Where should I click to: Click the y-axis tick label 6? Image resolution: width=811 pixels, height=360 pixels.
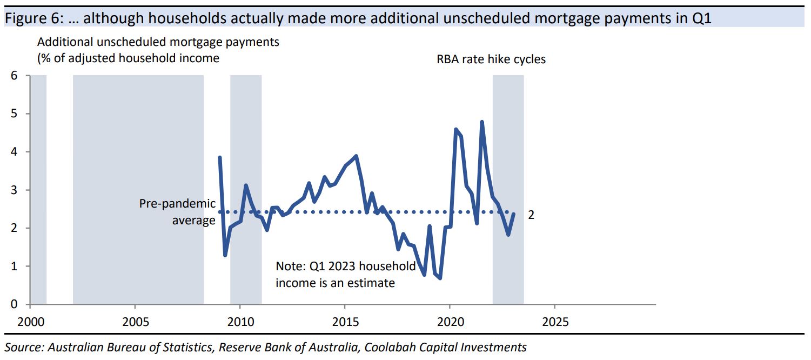[14, 76]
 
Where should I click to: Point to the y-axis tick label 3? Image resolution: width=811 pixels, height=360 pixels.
[14, 190]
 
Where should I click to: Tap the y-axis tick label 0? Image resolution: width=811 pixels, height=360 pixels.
[14, 304]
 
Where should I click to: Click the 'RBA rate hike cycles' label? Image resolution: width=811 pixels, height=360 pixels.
[491, 59]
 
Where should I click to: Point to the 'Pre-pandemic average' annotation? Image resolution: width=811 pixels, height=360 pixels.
[178, 211]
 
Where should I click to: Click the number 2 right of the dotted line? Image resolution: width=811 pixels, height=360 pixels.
[531, 215]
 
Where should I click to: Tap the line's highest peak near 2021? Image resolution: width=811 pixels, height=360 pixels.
[481, 122]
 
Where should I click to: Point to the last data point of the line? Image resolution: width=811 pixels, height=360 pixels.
[513, 214]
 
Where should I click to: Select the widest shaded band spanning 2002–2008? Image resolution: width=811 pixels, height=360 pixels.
[138, 189]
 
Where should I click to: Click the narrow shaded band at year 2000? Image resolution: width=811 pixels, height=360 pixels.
[38, 189]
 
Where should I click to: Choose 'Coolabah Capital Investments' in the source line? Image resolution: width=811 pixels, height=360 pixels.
[445, 347]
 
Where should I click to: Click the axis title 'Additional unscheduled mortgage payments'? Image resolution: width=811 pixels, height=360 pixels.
[158, 42]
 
